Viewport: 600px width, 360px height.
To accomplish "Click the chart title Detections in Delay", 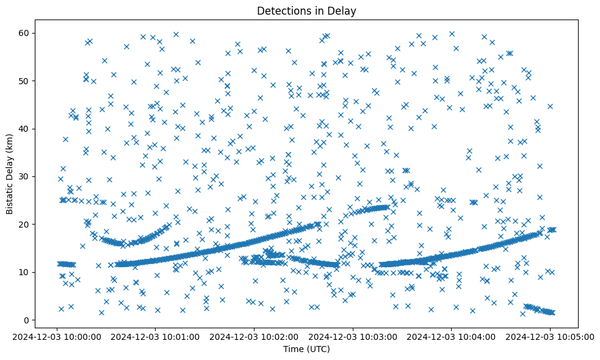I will [306, 10].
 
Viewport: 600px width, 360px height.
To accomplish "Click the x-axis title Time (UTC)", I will [306, 349].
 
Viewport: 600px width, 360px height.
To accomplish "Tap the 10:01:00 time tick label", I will [156, 336].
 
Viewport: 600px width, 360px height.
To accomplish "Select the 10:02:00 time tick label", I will [255, 336].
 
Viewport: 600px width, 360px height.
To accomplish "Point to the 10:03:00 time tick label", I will [353, 336].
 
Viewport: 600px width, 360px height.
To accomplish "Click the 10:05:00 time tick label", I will [550, 336].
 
